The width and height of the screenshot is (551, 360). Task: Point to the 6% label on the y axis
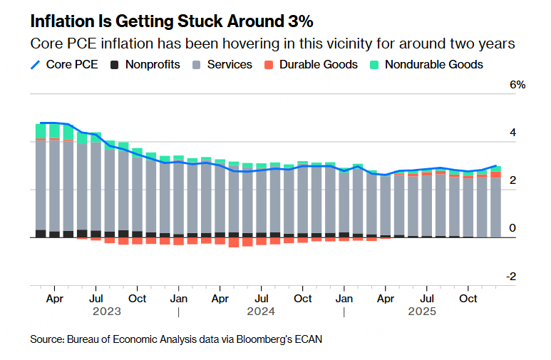[517, 85]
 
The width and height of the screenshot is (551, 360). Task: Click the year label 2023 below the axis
[106, 312]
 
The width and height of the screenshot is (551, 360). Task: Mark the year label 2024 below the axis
[262, 312]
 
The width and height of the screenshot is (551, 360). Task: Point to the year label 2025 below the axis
[421, 312]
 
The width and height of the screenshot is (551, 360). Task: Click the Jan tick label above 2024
[179, 298]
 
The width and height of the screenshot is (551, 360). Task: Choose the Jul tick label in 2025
[428, 298]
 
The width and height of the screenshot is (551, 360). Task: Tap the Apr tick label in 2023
[55, 298]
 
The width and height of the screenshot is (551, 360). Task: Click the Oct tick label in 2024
[304, 298]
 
